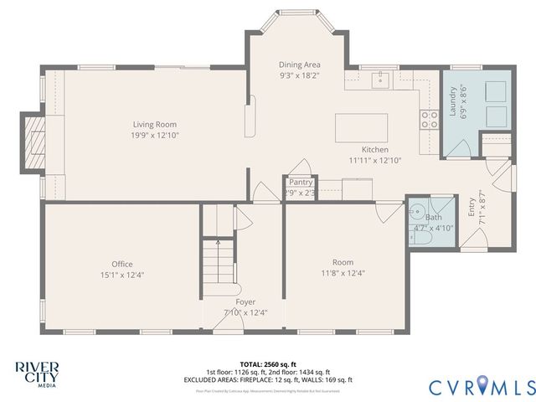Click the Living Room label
(x=154, y=124)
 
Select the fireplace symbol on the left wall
(x=34, y=142)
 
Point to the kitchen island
(x=362, y=129)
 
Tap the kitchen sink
(x=381, y=80)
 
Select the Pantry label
(x=301, y=182)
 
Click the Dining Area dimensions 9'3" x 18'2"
(x=300, y=75)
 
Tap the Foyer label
(x=245, y=301)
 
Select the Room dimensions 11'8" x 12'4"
(x=343, y=272)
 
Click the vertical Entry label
(x=472, y=207)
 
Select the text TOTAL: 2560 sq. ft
(x=268, y=364)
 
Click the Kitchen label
(x=374, y=149)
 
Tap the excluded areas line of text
(x=268, y=379)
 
